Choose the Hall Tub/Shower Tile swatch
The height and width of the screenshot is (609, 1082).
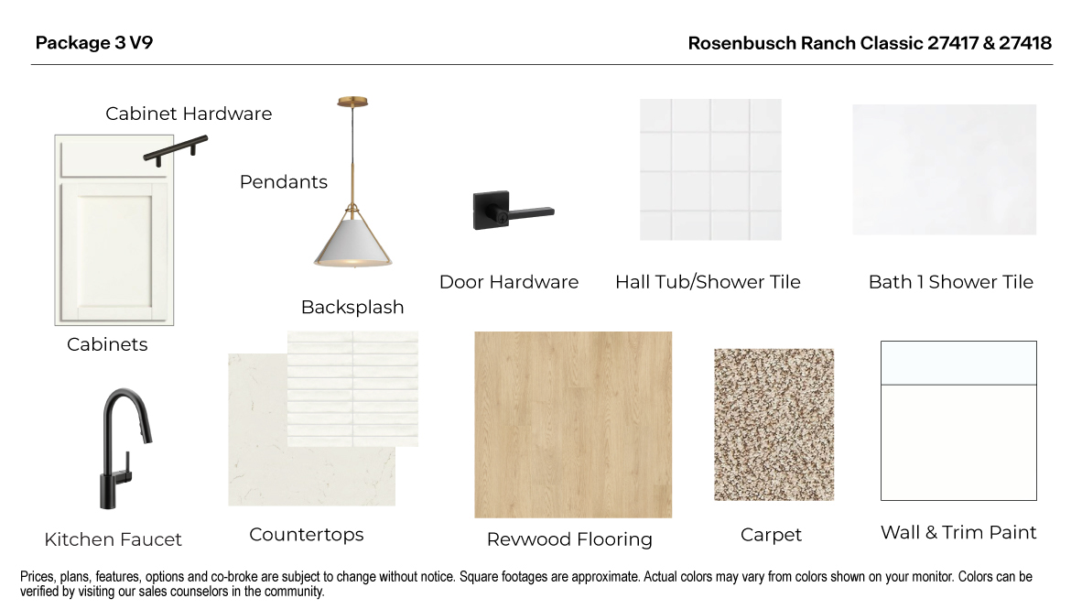[x=710, y=169]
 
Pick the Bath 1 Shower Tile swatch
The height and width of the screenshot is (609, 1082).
[x=944, y=169]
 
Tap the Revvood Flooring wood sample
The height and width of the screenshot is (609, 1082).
[x=572, y=424]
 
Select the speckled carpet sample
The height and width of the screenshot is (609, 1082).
[x=774, y=424]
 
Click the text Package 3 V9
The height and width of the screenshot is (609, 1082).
[x=93, y=43]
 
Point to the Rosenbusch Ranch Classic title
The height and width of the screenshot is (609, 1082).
[x=869, y=43]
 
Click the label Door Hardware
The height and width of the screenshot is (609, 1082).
[x=508, y=282]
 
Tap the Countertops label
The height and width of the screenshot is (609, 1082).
[x=306, y=535]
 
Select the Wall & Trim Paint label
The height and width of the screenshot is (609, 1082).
[x=958, y=533]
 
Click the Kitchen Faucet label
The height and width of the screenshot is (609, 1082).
[x=113, y=539]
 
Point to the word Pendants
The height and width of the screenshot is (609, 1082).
[x=283, y=182]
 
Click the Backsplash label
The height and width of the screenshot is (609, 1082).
[x=352, y=308]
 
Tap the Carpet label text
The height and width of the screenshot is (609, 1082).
[x=770, y=535]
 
